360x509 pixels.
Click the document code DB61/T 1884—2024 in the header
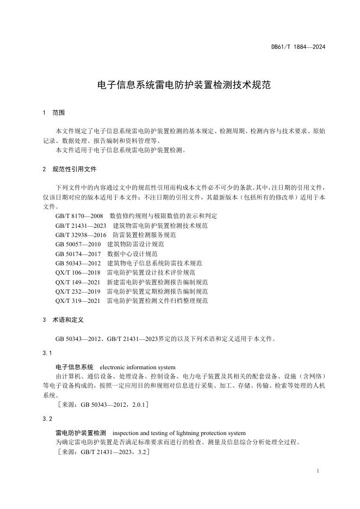(x=298, y=47)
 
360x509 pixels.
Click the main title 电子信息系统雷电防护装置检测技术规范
(x=180, y=85)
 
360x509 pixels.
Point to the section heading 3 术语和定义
(x=63, y=320)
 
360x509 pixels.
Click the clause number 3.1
(x=47, y=353)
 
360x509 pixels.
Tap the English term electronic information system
(x=138, y=367)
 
